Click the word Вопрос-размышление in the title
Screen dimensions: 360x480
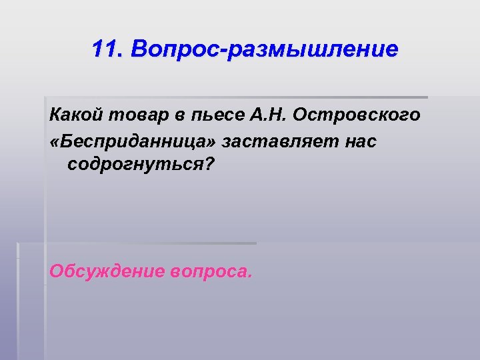[x=264, y=49]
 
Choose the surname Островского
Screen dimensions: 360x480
[x=357, y=115]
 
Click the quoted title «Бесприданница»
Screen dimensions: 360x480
[x=133, y=141]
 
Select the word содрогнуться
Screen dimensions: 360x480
[x=133, y=165]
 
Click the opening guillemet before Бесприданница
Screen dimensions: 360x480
[x=55, y=142]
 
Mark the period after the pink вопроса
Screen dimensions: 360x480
[x=250, y=277]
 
